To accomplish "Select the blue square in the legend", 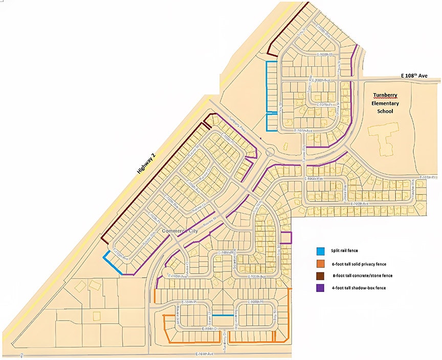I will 320,251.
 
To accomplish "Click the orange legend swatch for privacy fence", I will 320,263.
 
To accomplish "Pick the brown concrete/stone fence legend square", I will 320,276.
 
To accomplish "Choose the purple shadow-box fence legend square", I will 320,288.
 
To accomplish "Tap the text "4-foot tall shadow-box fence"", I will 359,288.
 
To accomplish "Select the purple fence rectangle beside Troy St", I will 286,238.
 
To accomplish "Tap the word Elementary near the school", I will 385,103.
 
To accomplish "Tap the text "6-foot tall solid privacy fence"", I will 360,263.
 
